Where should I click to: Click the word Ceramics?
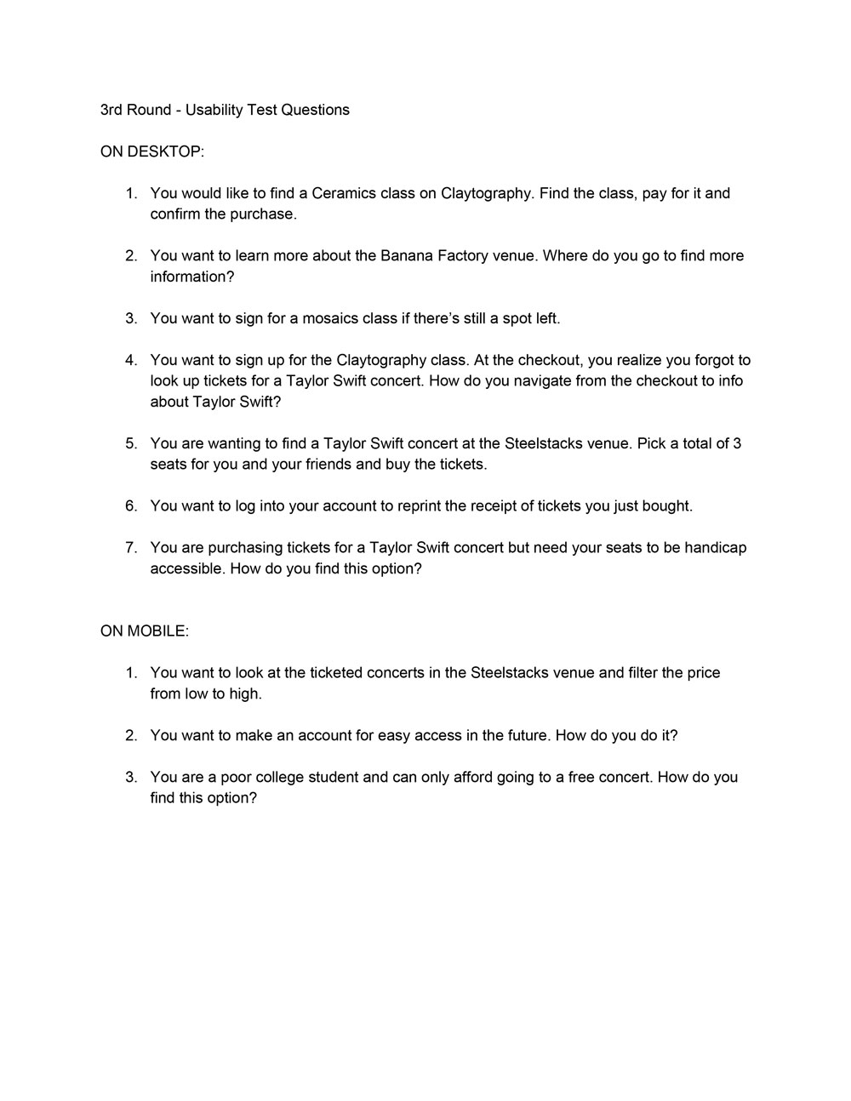[x=344, y=193]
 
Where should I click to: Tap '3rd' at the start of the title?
[x=111, y=110]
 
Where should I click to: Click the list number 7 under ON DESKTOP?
[x=131, y=547]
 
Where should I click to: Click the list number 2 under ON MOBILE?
[x=131, y=735]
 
